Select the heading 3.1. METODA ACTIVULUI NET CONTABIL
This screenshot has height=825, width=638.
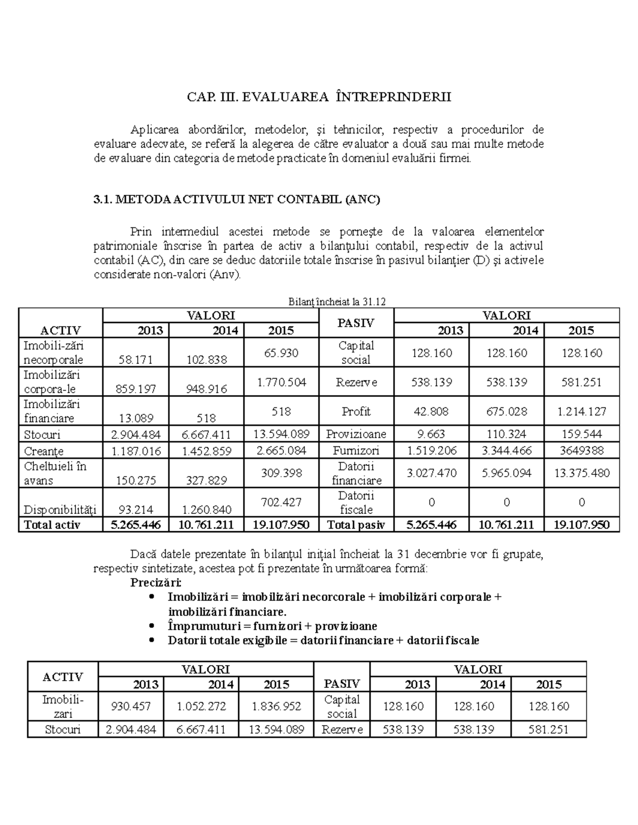(x=237, y=200)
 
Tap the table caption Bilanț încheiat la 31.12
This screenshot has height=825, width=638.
(x=337, y=302)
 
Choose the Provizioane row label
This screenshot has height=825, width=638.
(x=356, y=434)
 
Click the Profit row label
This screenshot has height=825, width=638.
(x=356, y=411)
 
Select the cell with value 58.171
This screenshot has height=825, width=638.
(x=136, y=360)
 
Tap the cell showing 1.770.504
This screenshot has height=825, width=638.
(x=281, y=382)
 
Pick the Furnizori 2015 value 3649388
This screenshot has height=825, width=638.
(x=581, y=451)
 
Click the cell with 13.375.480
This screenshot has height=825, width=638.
(x=581, y=473)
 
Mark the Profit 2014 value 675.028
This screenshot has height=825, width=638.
(x=506, y=411)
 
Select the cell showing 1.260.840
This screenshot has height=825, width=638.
(x=206, y=509)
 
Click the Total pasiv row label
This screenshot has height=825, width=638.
(x=356, y=525)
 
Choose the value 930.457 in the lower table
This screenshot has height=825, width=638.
(x=131, y=707)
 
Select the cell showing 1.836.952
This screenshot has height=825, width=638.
(x=276, y=707)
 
